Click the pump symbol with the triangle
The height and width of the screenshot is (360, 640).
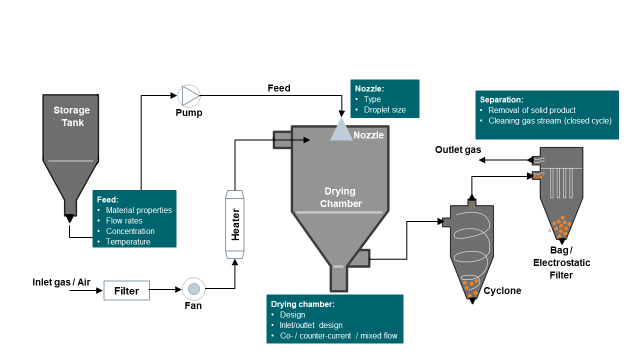tap(189, 95)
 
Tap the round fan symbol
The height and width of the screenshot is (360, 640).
tap(193, 288)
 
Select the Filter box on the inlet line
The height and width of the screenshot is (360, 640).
tap(126, 290)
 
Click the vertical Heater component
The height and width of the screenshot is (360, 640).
tap(234, 224)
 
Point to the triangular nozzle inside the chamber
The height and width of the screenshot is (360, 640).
tap(341, 129)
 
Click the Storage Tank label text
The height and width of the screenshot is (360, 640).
tap(71, 116)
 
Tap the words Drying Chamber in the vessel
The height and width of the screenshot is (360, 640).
tap(340, 197)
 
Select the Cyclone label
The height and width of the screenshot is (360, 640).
tap(502, 291)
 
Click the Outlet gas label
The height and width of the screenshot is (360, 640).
tap(458, 149)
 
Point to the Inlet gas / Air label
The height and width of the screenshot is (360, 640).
tap(61, 282)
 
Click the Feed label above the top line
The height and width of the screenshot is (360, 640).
tap(279, 88)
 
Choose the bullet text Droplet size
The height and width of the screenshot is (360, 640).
tap(384, 110)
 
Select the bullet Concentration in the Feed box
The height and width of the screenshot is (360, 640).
tap(130, 231)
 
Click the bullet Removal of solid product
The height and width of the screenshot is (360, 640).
tap(532, 110)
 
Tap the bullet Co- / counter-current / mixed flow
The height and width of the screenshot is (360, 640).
tap(338, 336)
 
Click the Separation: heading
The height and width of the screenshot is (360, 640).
tap(501, 99)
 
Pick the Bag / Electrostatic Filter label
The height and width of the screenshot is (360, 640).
tap(561, 262)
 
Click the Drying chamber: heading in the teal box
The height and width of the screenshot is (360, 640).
tap(302, 304)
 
